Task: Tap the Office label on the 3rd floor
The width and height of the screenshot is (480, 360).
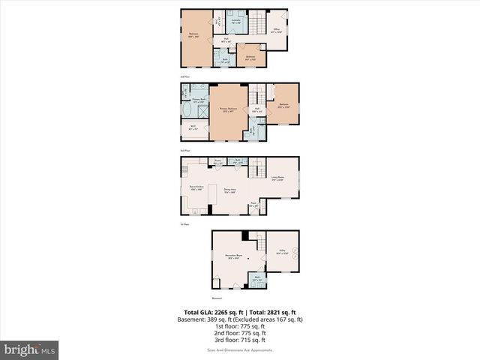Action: [x=275, y=31]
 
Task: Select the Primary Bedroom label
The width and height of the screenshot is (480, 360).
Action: [x=229, y=109]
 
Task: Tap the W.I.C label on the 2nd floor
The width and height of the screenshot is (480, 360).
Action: [x=193, y=127]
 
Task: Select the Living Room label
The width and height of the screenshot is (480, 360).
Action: [x=277, y=178]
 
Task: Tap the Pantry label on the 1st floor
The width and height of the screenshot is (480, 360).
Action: [x=217, y=160]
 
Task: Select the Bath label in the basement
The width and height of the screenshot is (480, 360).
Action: [x=256, y=278]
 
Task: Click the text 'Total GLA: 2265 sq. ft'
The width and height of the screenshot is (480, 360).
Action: [x=211, y=312]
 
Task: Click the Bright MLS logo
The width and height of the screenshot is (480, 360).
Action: [x=30, y=349]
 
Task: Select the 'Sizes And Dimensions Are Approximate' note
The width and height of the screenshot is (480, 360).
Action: [x=239, y=350]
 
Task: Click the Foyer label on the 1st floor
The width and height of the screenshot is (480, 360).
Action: [x=254, y=203]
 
